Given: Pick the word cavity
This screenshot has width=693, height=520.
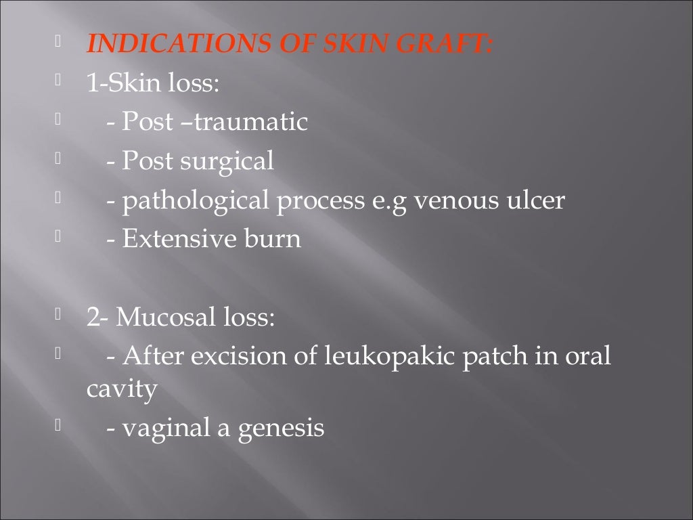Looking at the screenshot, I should [x=122, y=391].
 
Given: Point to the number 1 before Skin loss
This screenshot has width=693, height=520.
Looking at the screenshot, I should [x=91, y=83].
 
